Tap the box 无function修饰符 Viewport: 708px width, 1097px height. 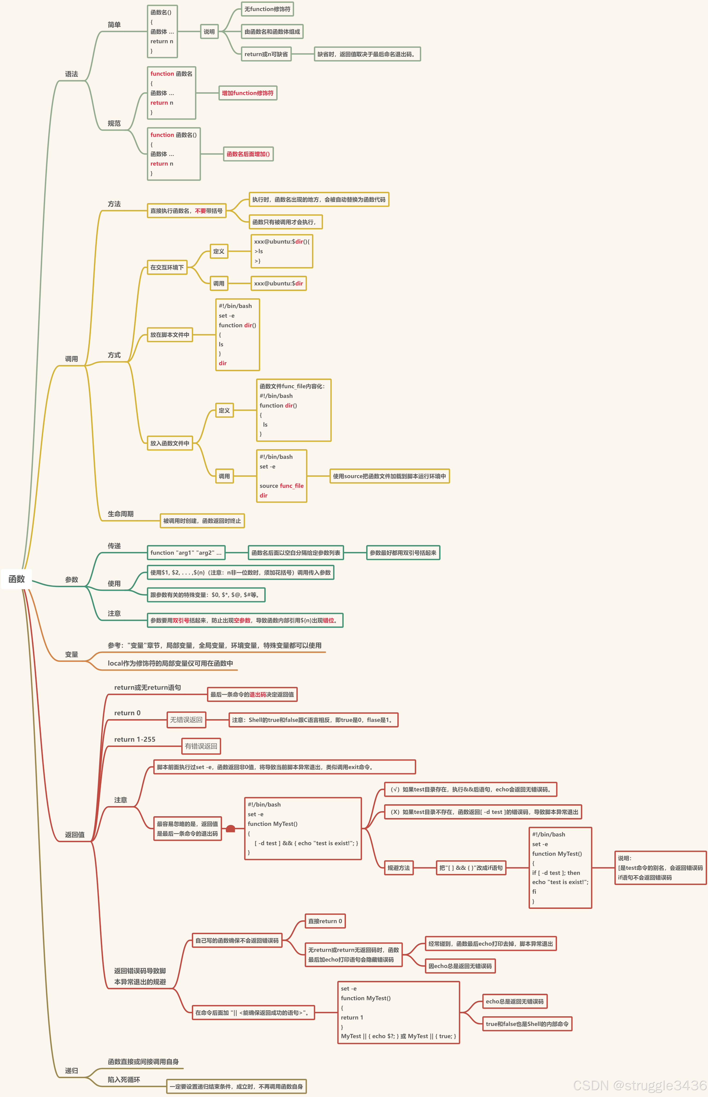point(267,9)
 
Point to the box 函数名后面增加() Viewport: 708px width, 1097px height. point(248,154)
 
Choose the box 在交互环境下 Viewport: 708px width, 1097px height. point(167,267)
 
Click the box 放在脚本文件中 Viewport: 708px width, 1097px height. point(170,335)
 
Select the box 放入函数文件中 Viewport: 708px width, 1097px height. point(170,443)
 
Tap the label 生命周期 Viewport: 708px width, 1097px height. point(121,514)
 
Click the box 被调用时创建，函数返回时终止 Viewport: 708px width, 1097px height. point(202,521)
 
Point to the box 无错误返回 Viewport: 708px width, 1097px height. point(186,720)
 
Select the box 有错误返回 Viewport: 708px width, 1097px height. point(201,746)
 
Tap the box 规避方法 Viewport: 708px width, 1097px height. point(399,868)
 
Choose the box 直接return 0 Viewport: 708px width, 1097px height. point(325,921)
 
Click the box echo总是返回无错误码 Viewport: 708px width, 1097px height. point(515,1001)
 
